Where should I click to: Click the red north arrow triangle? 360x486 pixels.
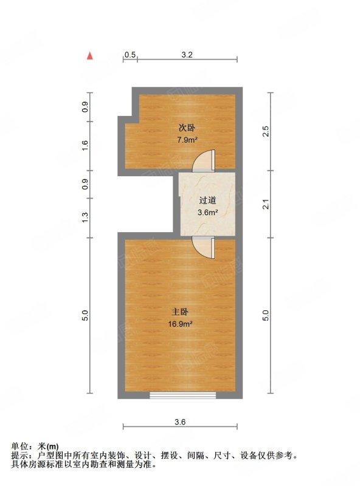coord(89,55)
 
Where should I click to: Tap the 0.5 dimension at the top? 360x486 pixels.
coord(130,55)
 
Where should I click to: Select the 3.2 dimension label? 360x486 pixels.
coord(187,55)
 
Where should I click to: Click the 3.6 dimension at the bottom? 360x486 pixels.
coord(180,422)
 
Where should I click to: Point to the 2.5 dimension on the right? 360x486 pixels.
coord(266,131)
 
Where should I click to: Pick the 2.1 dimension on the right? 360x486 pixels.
coord(266,205)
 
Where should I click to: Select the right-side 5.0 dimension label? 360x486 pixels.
coord(266,315)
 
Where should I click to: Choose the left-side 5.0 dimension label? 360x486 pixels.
coord(85,315)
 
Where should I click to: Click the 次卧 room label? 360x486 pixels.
coord(187,128)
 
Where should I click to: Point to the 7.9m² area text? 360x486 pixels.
coord(187,140)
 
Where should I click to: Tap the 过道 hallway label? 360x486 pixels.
coord(207,200)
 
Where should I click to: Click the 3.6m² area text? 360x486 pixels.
coord(207,213)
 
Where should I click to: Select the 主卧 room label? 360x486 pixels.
coord(180,312)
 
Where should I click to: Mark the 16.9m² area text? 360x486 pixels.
coord(180,324)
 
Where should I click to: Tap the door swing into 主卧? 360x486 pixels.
coord(203,247)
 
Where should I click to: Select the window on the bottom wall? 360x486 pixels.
coord(182,395)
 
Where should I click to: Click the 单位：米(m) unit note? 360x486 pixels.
coord(35,447)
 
